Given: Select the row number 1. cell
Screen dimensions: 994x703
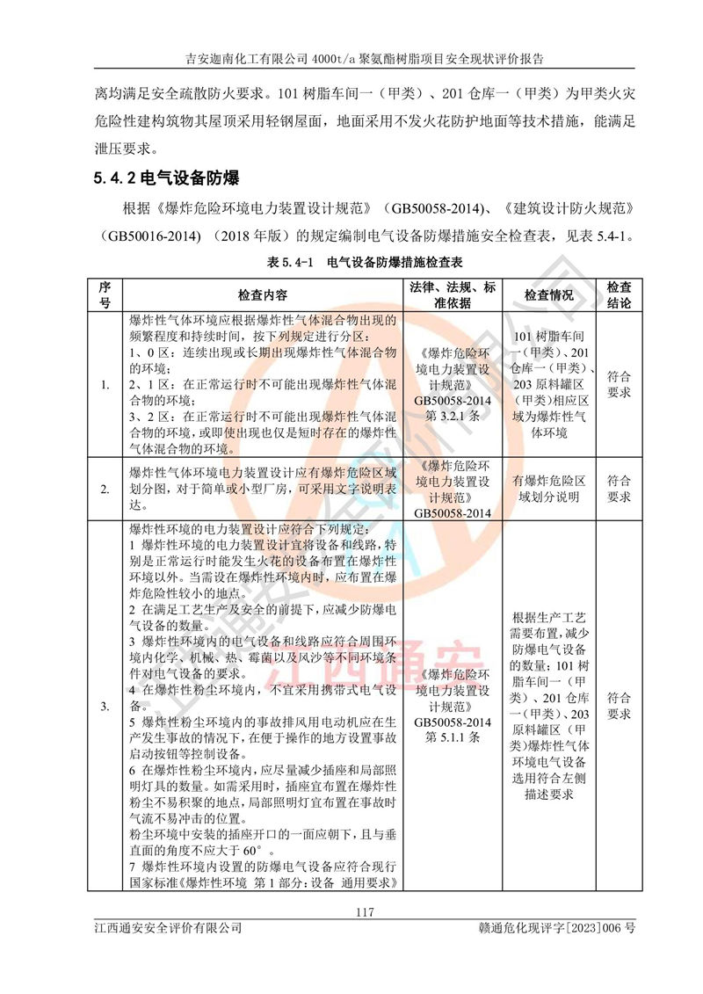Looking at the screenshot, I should [x=105, y=384].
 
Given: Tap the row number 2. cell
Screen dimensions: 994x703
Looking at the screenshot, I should [x=105, y=489].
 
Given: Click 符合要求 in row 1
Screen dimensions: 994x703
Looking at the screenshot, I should [x=619, y=384].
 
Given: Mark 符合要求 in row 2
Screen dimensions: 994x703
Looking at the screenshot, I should [x=619, y=489].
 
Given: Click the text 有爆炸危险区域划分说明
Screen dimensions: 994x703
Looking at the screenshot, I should [x=548, y=489].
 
